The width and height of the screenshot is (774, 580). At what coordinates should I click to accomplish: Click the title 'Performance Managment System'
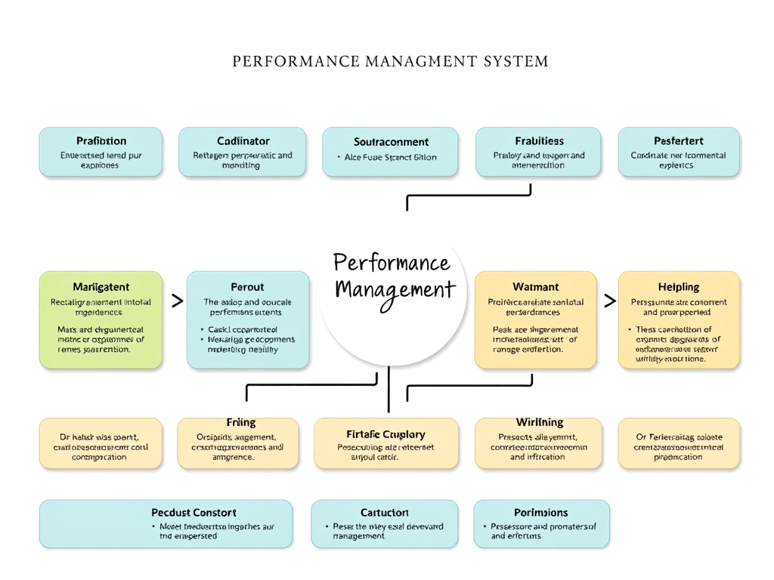[x=390, y=61]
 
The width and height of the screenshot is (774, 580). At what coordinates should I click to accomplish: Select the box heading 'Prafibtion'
[x=101, y=140]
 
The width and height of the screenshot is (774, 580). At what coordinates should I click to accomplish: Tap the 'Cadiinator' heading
[x=243, y=140]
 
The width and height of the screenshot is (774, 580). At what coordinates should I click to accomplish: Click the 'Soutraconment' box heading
[x=391, y=141]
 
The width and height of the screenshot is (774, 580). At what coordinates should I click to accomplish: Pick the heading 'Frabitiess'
[x=539, y=140]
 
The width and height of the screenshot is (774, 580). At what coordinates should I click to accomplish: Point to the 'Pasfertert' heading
[x=678, y=140]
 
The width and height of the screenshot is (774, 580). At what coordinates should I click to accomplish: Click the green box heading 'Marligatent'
[x=101, y=287]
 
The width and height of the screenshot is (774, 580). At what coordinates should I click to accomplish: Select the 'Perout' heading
[x=247, y=287]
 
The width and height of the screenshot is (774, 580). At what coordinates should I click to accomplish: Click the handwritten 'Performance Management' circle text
[x=393, y=276]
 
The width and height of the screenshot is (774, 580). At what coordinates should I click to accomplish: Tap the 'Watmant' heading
[x=535, y=287]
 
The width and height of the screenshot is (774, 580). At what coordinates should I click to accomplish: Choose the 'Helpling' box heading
[x=678, y=287]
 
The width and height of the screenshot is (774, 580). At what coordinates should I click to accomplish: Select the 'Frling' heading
[x=240, y=422]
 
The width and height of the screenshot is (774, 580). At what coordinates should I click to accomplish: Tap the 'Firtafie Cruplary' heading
[x=385, y=434]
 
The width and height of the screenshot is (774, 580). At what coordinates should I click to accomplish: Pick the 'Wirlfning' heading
[x=539, y=422]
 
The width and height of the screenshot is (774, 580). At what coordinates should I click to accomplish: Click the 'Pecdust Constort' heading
[x=193, y=512]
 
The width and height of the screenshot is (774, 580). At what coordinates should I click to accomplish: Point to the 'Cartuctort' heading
[x=384, y=512]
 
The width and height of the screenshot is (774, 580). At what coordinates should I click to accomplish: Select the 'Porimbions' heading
[x=540, y=512]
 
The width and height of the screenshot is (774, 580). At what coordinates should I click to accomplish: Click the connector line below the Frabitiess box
[x=469, y=196]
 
